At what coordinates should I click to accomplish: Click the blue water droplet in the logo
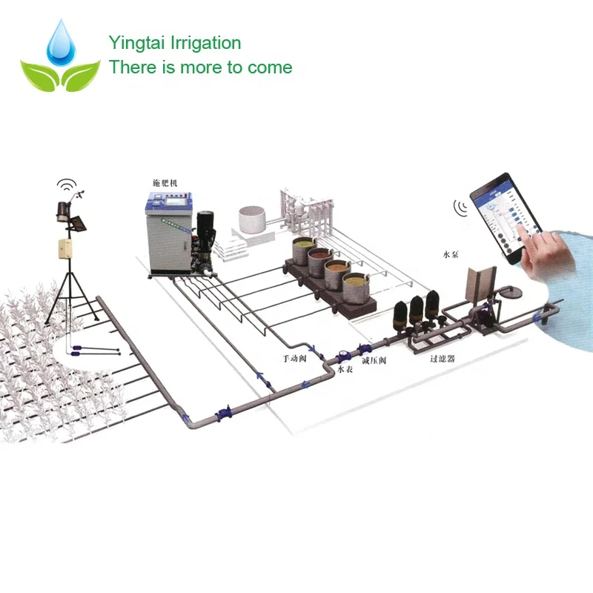point(59,43)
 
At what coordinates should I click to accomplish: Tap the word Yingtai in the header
point(133,44)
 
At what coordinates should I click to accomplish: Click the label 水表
point(345,369)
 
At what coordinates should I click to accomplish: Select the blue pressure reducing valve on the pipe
point(364,348)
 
